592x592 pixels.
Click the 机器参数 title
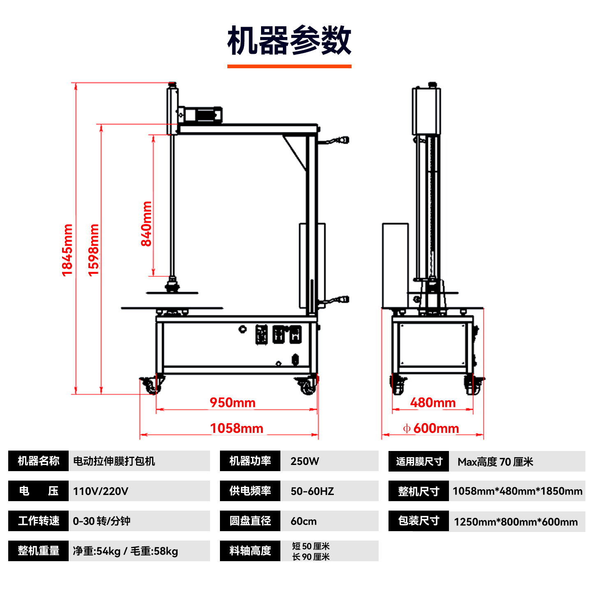(x=289, y=40)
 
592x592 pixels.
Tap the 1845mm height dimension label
(x=67, y=250)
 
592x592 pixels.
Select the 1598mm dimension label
(x=94, y=250)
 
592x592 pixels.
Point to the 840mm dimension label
(x=146, y=224)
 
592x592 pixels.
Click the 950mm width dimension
(x=233, y=402)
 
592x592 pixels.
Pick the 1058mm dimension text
(x=236, y=428)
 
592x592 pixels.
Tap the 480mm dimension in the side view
(x=433, y=402)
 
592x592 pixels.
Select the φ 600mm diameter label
(x=431, y=428)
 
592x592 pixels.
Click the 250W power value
(x=305, y=461)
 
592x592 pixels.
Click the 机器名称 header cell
(x=38, y=461)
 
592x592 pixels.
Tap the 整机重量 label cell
(x=38, y=551)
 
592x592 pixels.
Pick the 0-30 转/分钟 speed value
(x=102, y=521)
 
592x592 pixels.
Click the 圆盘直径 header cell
(x=250, y=521)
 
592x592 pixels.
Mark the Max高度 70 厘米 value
(x=495, y=462)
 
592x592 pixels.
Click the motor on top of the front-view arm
(x=200, y=115)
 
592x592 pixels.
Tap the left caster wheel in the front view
(x=151, y=386)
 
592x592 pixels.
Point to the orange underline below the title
(x=289, y=66)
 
